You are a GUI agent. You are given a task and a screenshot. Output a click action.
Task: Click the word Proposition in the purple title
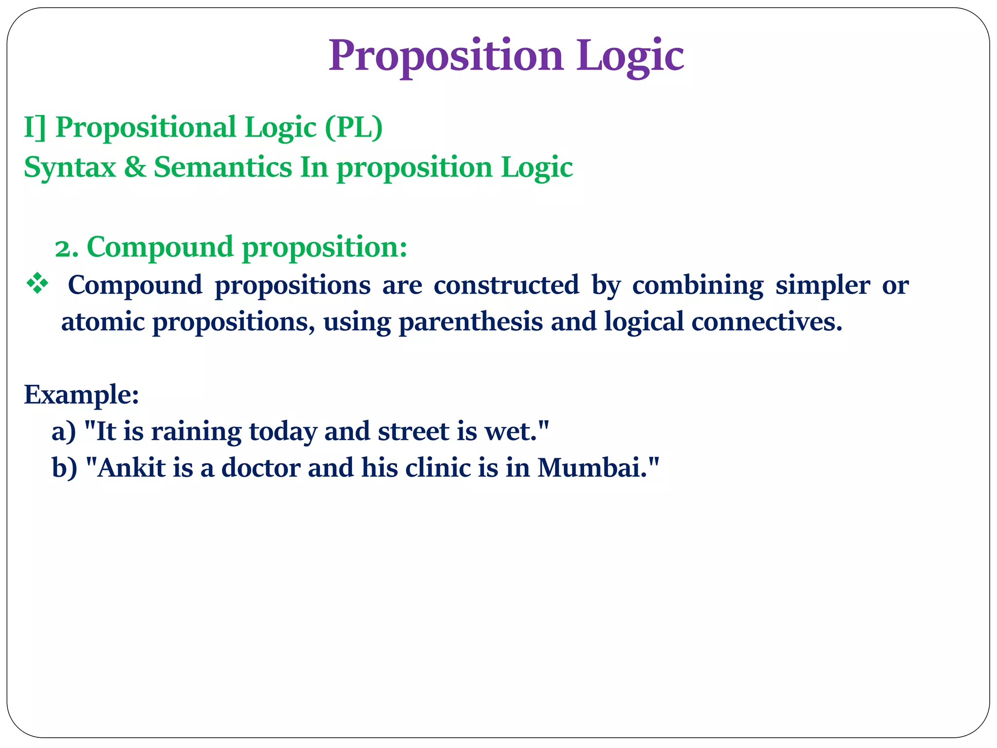445,56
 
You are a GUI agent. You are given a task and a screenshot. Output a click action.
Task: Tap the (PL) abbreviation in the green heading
354,128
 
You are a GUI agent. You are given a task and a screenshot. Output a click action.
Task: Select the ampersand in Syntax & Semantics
135,167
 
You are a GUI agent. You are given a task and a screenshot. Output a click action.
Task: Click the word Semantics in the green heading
223,167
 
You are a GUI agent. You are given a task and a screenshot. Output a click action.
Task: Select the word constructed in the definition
506,285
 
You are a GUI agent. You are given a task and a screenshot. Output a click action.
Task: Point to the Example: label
81,394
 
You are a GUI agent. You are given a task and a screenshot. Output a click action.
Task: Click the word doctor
260,468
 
